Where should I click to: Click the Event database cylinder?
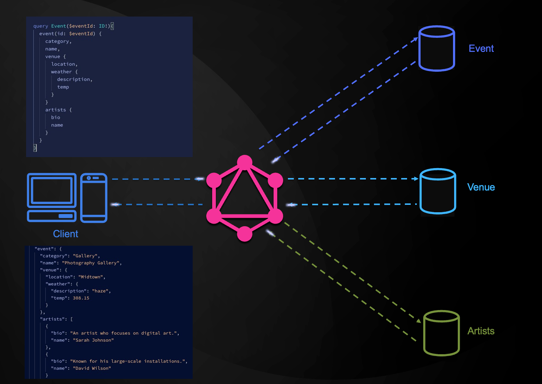(x=437, y=49)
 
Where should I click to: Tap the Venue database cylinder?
(x=438, y=191)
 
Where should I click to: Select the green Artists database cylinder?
(x=441, y=333)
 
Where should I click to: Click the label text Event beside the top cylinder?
(x=481, y=49)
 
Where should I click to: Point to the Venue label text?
(x=481, y=187)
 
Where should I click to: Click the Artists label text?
(x=481, y=331)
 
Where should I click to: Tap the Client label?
(x=65, y=234)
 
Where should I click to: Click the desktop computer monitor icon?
(x=52, y=191)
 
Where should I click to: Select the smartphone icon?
(x=94, y=198)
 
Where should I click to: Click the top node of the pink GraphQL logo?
(x=245, y=163)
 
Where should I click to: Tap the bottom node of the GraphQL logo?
(x=245, y=234)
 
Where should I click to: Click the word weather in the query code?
(x=61, y=72)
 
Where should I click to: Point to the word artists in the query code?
(x=56, y=110)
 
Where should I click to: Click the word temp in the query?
(x=63, y=87)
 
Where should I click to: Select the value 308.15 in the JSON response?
(x=81, y=298)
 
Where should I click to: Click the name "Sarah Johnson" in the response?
(x=93, y=340)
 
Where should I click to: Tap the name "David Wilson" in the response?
(x=92, y=368)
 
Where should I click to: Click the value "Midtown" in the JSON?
(x=92, y=277)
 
